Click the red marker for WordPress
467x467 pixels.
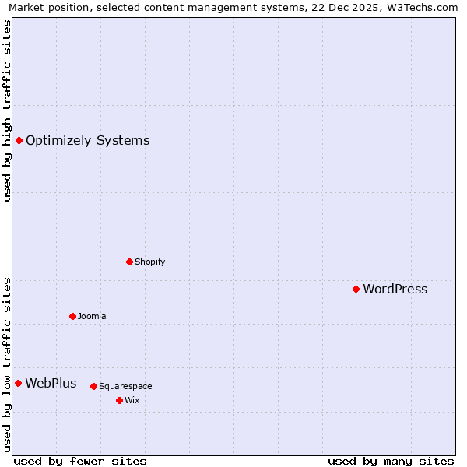(356, 289)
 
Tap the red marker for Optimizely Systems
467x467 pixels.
(19, 140)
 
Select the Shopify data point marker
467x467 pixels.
(129, 262)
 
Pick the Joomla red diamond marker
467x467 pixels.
(72, 316)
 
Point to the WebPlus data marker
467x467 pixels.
(18, 383)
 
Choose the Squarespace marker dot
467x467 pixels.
(93, 386)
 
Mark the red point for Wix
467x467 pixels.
(119, 400)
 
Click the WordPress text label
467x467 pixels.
(395, 289)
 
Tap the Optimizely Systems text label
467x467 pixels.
(87, 140)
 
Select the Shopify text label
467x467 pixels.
(149, 262)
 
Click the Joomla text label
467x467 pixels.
(92, 316)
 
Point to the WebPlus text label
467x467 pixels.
(51, 383)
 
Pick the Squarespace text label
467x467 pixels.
(125, 386)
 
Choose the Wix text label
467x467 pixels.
(132, 400)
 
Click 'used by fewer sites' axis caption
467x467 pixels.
(80, 461)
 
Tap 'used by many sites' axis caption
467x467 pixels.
(391, 461)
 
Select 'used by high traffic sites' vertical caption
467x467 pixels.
(7, 111)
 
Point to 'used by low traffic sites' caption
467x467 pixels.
(7, 364)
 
